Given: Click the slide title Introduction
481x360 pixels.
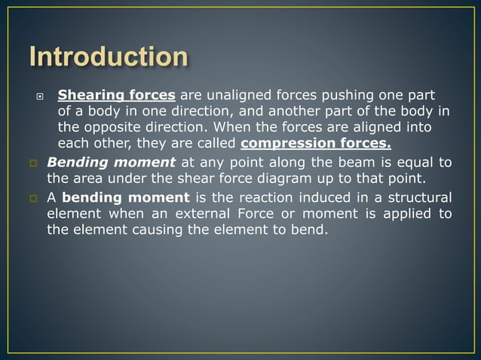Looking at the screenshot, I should click(109, 56).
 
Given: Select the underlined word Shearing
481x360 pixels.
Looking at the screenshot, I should click(87, 96).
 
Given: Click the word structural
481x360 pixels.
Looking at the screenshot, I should click(417, 198).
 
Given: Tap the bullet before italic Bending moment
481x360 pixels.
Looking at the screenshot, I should click(33, 163).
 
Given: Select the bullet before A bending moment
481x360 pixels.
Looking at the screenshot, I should click(33, 199).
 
